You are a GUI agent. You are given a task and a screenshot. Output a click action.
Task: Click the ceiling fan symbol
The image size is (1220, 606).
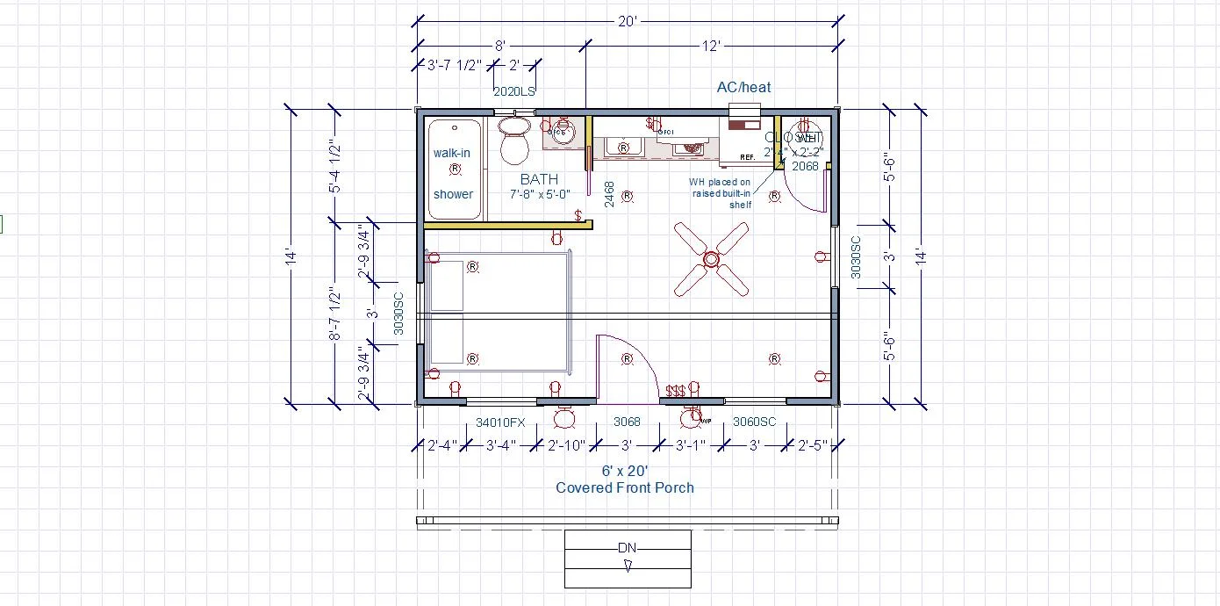click(711, 259)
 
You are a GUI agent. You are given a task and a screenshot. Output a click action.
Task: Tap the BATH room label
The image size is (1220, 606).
click(539, 179)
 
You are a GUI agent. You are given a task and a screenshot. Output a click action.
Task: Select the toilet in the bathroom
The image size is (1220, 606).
click(514, 141)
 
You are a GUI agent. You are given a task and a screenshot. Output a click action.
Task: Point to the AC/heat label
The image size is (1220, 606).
click(743, 87)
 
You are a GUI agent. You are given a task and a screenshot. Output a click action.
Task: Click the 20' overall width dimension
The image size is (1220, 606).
click(627, 22)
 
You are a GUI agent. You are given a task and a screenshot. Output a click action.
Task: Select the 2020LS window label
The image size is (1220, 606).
click(514, 90)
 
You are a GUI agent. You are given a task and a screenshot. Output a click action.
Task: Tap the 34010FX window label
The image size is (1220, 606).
click(500, 422)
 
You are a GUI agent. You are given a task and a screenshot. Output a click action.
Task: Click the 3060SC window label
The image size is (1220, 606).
click(754, 422)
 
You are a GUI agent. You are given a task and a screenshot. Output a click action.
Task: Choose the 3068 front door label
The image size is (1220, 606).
click(626, 422)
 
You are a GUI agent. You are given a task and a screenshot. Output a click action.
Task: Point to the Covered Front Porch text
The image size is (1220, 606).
click(625, 487)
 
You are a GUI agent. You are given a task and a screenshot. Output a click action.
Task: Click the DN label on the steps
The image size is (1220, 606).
click(627, 548)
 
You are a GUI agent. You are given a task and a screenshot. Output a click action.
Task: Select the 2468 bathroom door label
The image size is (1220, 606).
click(609, 194)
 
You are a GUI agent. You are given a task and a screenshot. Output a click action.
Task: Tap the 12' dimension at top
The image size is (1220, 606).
click(711, 46)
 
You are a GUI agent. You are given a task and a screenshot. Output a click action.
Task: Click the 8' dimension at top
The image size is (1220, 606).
click(500, 46)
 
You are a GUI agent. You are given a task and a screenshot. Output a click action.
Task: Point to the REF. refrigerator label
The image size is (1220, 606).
click(747, 157)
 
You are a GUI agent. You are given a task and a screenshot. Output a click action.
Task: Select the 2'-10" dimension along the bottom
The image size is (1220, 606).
click(566, 445)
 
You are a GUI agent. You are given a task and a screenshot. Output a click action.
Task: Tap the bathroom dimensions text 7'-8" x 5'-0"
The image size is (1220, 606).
click(540, 194)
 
